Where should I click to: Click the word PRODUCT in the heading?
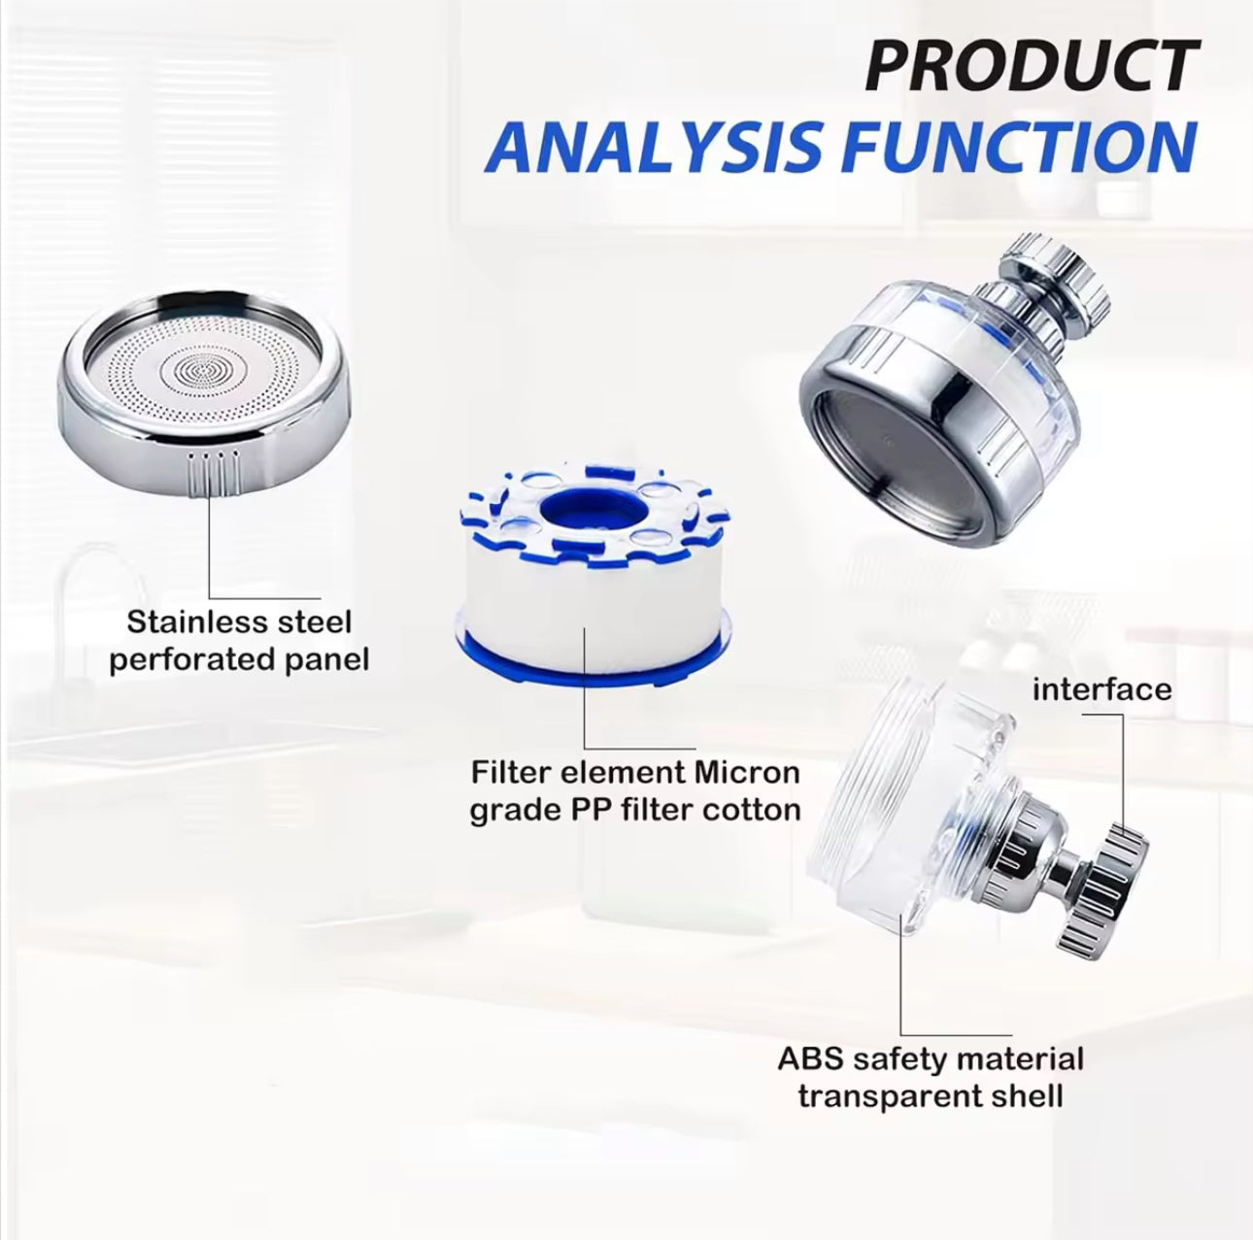tap(1032, 66)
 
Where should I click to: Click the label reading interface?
tap(1101, 689)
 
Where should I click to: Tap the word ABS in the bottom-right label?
tap(810, 1058)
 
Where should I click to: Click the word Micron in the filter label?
tap(747, 773)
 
